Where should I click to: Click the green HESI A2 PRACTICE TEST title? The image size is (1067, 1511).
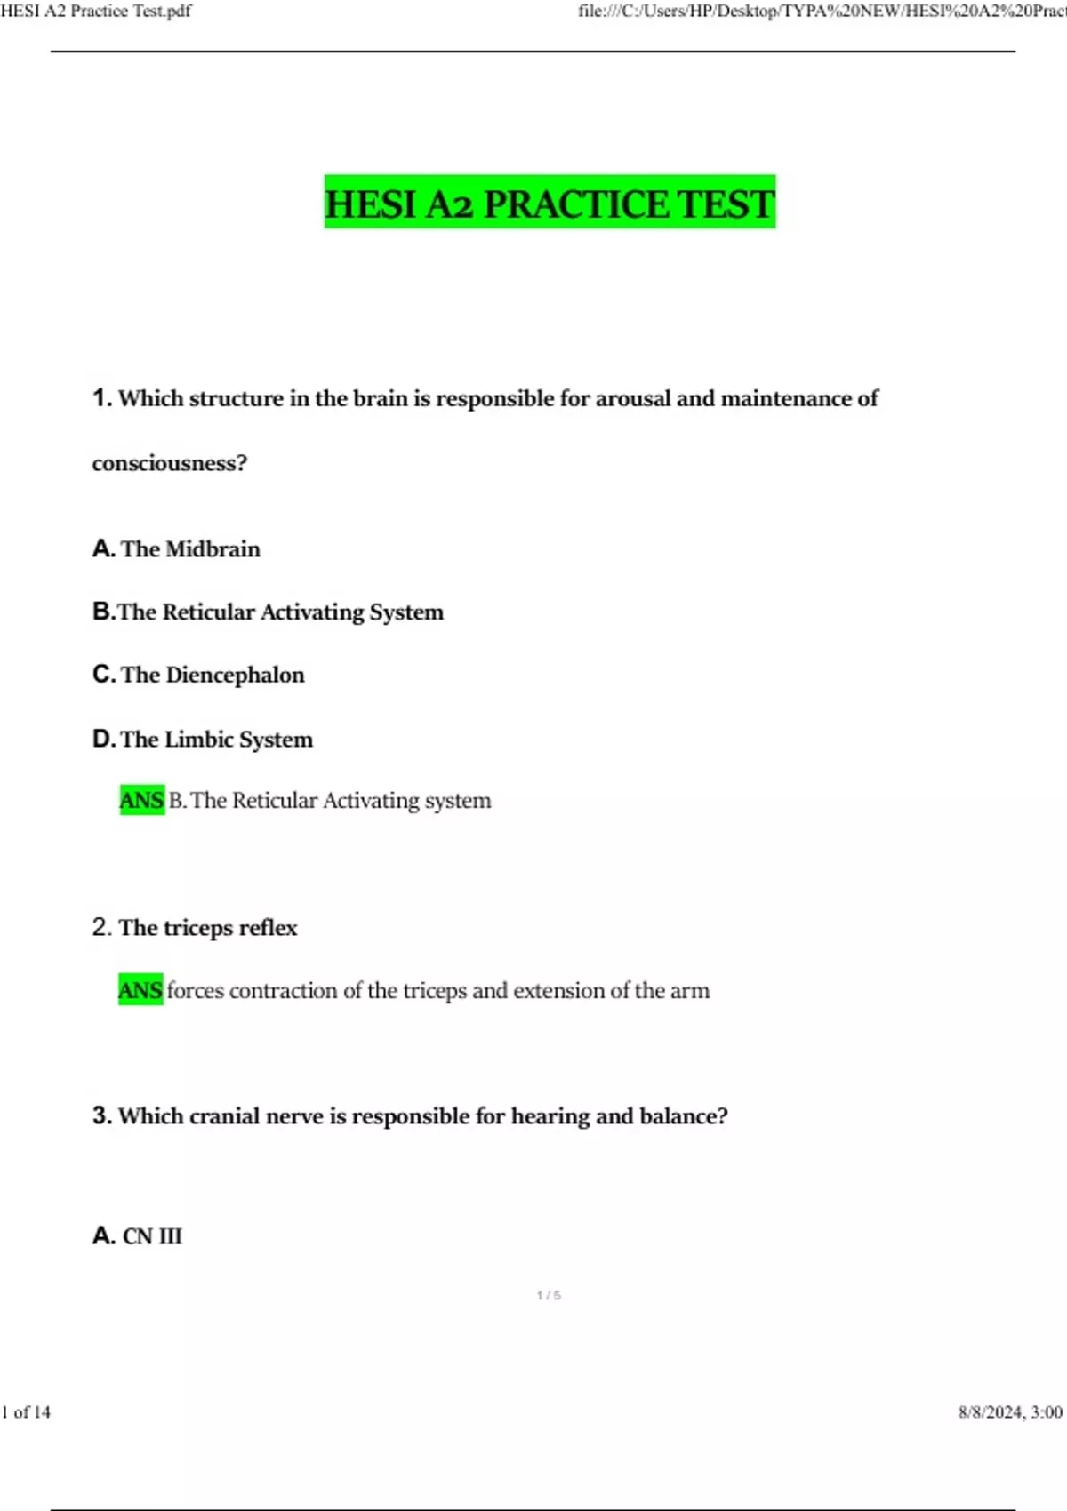(550, 203)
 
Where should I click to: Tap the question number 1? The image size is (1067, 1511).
(101, 397)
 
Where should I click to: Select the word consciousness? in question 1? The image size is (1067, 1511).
(169, 463)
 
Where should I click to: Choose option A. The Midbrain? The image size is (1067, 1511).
(176, 549)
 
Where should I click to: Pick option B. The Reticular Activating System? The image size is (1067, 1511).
(268, 612)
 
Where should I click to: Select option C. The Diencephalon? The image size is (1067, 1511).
(198, 675)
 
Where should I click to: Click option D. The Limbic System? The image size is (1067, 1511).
(203, 740)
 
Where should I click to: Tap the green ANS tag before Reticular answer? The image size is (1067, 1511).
(141, 800)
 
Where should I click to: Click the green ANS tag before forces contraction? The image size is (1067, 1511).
(140, 990)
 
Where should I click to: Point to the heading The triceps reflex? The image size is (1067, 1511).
(208, 928)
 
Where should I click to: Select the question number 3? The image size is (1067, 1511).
(101, 1115)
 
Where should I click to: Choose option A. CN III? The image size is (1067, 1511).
(138, 1236)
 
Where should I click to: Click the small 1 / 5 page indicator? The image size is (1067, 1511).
(549, 1295)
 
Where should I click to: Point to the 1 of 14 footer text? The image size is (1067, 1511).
(27, 1412)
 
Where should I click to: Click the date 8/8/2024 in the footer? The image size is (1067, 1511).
(990, 1412)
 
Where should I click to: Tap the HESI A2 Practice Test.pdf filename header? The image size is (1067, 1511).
(96, 11)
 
